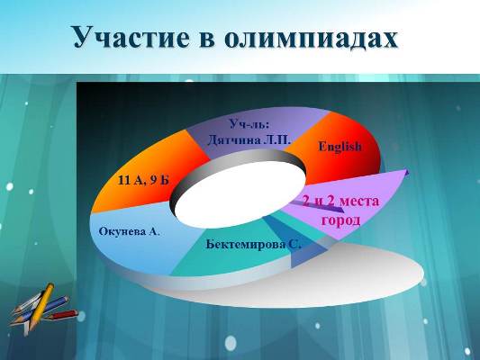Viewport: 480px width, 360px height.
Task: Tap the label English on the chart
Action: click(x=340, y=147)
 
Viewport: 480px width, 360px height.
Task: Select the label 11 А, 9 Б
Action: click(x=143, y=180)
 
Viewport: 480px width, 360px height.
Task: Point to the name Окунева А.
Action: click(x=129, y=231)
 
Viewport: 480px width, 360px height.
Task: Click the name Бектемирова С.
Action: click(x=254, y=245)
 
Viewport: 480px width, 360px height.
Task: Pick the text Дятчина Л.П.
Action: click(x=249, y=140)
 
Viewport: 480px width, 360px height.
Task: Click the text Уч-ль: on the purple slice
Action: click(x=249, y=123)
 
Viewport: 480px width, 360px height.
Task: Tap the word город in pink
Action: click(x=340, y=220)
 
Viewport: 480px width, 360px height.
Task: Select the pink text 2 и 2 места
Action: click(x=340, y=201)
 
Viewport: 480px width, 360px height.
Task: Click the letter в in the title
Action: click(x=207, y=40)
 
